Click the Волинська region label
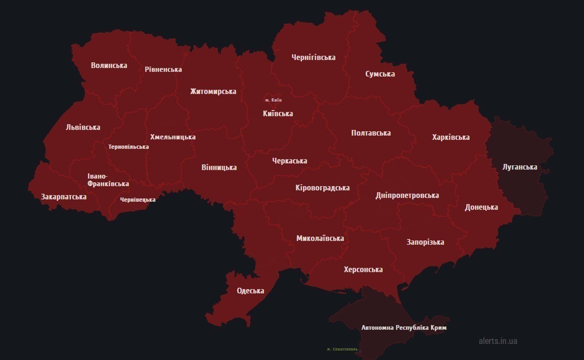[x=109, y=65]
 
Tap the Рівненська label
[x=163, y=69]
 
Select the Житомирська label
[x=213, y=91]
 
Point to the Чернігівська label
[x=313, y=57]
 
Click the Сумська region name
[x=380, y=74]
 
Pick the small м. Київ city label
[x=273, y=100]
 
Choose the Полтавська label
[x=371, y=133]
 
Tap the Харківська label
[x=451, y=137]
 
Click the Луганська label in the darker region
[x=520, y=167]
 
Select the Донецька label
[x=481, y=207]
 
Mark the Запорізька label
[x=425, y=242]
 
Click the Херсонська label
[x=363, y=269]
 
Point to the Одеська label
[x=250, y=291]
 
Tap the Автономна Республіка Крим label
[x=404, y=327]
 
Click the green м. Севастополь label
[x=343, y=349]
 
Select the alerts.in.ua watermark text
[x=498, y=341]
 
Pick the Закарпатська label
[x=63, y=197]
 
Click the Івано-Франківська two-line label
[x=108, y=180]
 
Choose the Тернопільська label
[x=129, y=146]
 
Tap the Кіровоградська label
[x=322, y=188]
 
